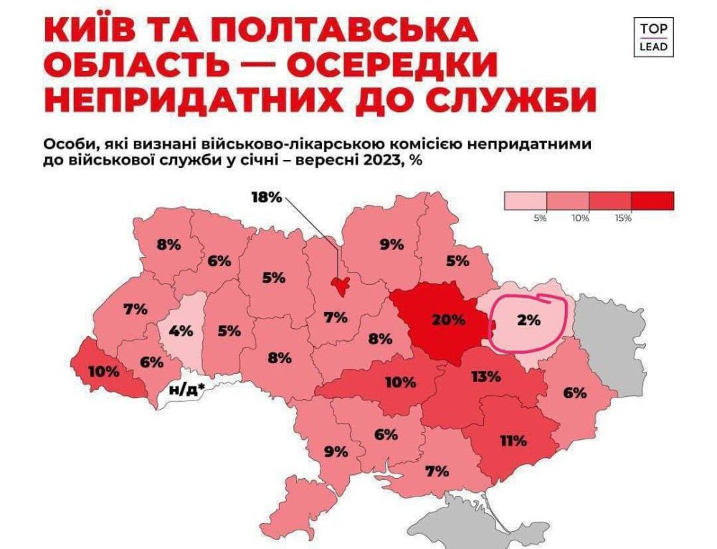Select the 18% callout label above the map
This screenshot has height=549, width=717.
point(266,197)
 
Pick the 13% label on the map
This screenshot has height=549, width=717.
point(485,376)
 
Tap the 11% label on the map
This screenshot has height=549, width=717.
point(513,440)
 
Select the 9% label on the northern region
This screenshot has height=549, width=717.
point(392,244)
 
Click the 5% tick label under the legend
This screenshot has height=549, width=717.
point(540,218)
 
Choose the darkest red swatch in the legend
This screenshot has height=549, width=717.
point(652,201)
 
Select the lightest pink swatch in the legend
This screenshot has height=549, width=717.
point(526,201)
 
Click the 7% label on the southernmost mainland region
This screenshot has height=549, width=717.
point(437,471)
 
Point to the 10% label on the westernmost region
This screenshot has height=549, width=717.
point(105,373)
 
